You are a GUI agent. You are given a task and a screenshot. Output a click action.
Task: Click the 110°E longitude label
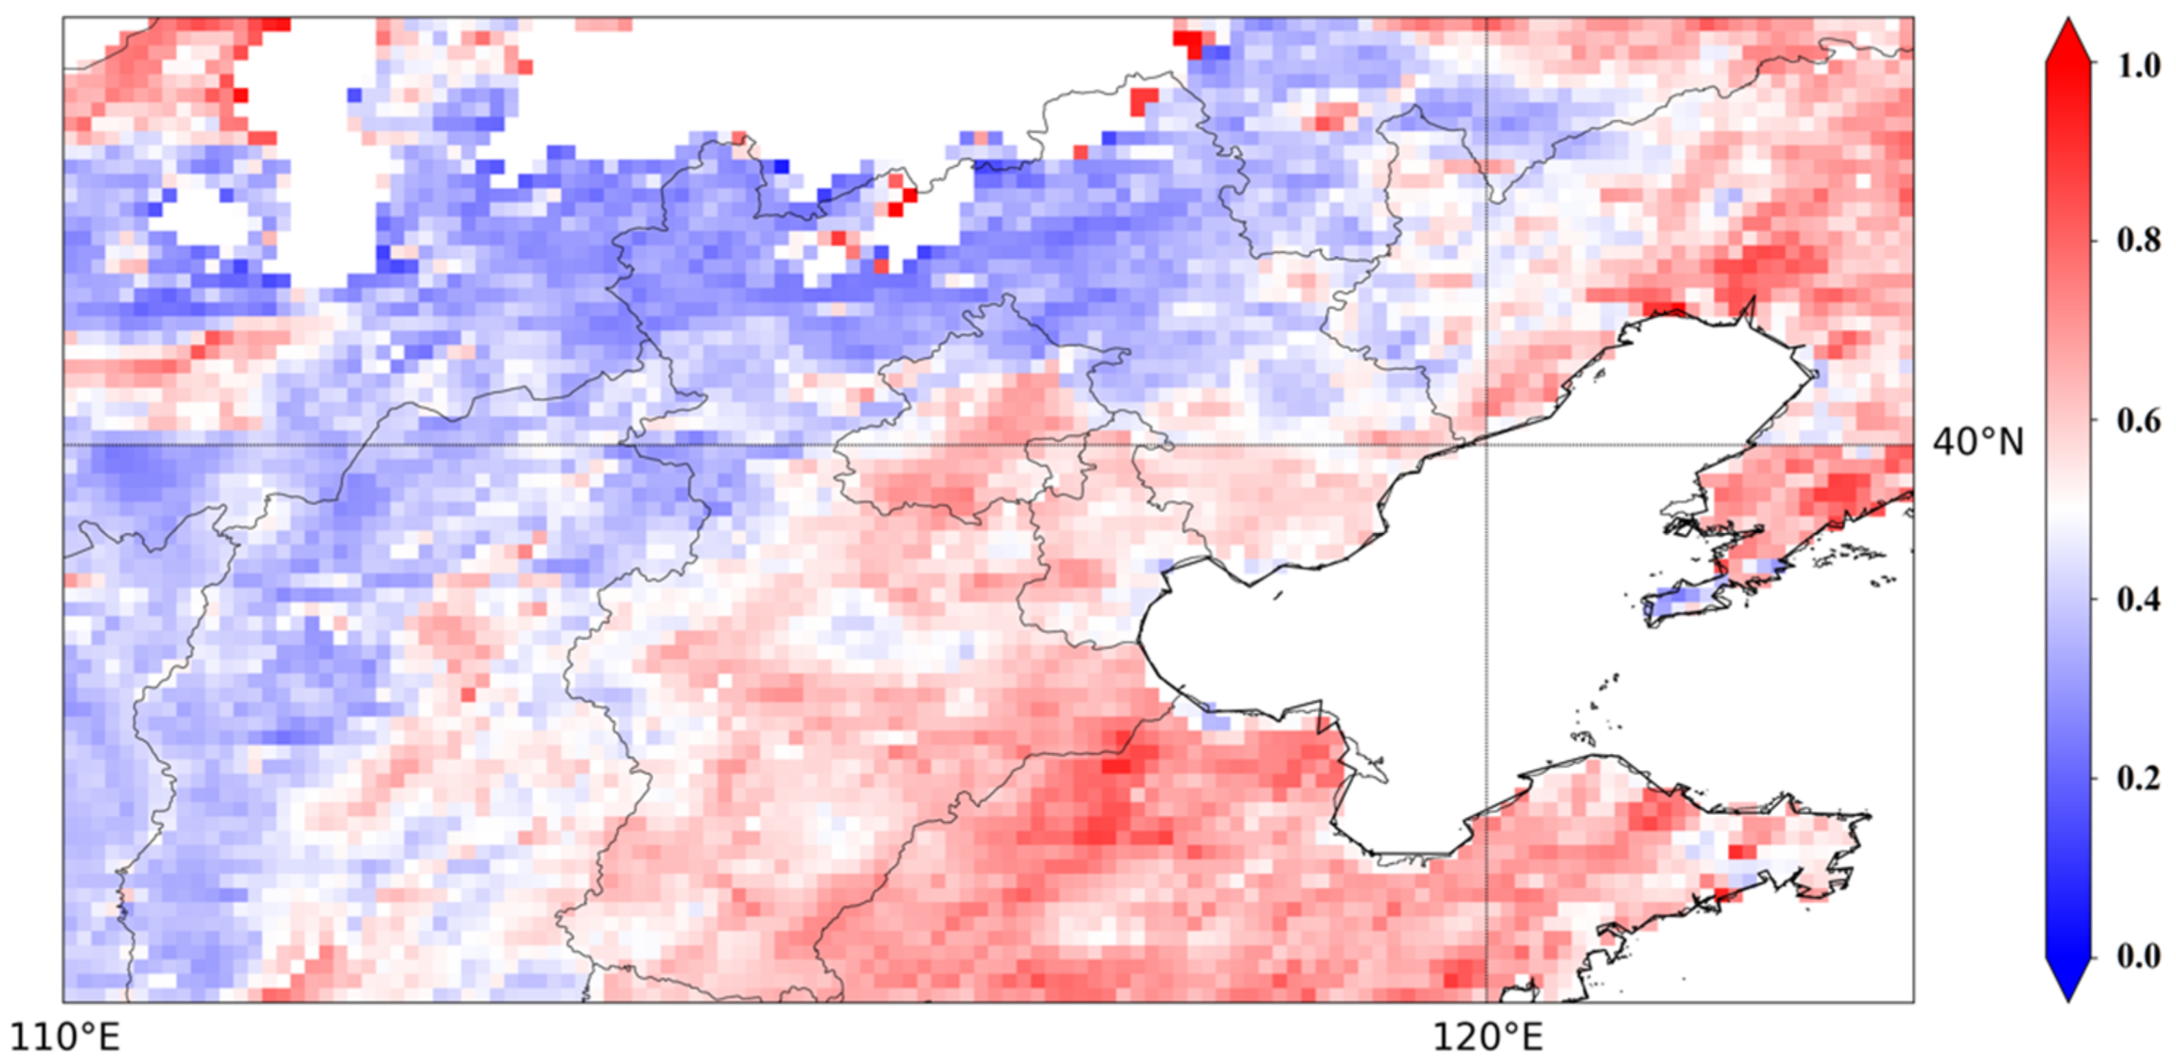[x=65, y=1037]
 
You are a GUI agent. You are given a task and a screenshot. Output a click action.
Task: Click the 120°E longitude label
[x=1487, y=1037]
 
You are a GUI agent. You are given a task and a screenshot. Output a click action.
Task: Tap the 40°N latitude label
[x=1978, y=442]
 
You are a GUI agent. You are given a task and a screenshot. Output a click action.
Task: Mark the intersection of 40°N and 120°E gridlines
[x=1487, y=446]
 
